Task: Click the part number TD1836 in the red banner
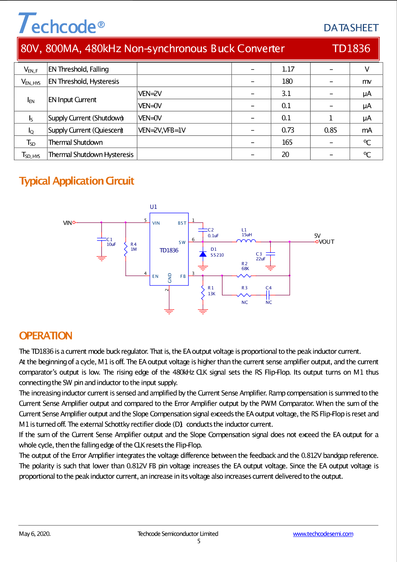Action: coord(351,49)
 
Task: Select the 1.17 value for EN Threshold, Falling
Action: coord(288,69)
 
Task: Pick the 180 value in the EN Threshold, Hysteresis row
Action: coord(287,81)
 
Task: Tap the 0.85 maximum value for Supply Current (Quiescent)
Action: coord(330,130)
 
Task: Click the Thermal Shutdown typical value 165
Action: coord(287,142)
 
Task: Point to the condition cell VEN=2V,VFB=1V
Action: coord(162,130)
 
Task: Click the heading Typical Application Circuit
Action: coord(77,181)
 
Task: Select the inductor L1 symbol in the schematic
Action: coord(246,241)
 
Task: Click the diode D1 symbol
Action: coord(203,254)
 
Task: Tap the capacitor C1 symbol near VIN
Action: coord(102,239)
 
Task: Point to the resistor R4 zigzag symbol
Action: coord(126,249)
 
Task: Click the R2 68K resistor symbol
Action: coord(244,276)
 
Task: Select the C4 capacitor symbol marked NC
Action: coord(268,295)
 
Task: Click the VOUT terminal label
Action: coord(327,242)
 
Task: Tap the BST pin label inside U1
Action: coord(182,223)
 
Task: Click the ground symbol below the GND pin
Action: coord(169,311)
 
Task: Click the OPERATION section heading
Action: coord(46,336)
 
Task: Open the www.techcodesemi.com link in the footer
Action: coord(323,534)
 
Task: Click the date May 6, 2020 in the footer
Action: coord(35,534)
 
